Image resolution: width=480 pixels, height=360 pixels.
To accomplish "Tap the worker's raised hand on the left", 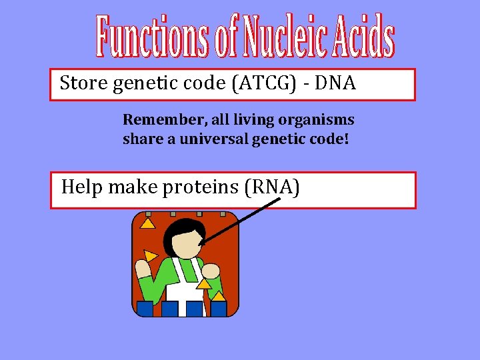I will pyautogui.click(x=143, y=269).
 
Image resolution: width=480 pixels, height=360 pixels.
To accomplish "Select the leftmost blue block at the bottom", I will pyautogui.click(x=145, y=309).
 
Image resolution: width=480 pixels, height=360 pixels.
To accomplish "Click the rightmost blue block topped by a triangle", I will pyautogui.click(x=219, y=308).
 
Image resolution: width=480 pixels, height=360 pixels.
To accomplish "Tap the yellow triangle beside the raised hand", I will pyautogui.click(x=152, y=255).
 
